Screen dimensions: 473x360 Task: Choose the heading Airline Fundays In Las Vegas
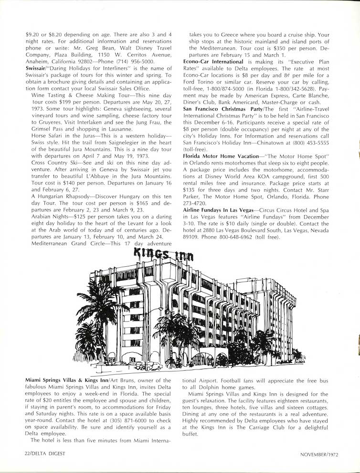219,210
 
